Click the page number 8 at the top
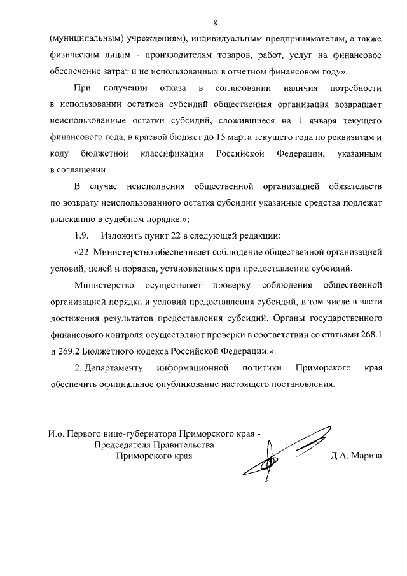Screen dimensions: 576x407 tap(216, 24)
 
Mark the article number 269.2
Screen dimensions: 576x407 tap(71, 351)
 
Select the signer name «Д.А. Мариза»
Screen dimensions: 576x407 tap(355, 455)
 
